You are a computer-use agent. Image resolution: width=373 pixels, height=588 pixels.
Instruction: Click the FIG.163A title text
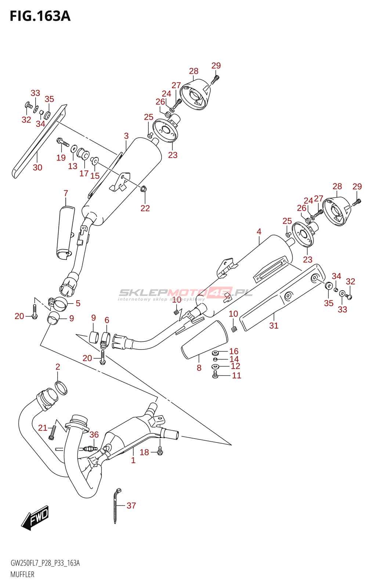40,16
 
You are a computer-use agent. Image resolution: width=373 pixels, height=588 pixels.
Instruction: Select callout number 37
131,506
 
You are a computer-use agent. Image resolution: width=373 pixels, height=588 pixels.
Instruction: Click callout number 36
94,435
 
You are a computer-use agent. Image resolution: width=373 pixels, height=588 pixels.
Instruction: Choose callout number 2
58,367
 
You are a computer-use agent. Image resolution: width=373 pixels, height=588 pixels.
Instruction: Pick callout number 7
66,193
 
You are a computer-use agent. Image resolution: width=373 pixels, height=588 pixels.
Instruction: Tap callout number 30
37,167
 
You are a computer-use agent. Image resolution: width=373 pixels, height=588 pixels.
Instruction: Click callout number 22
145,208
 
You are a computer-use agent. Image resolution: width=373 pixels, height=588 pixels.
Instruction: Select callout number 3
126,136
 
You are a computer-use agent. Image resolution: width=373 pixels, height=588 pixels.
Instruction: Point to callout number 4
259,232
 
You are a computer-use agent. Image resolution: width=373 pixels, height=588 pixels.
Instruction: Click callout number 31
274,326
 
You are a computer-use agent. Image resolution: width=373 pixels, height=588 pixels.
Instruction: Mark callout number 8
199,368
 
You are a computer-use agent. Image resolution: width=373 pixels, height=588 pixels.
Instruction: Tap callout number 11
236,375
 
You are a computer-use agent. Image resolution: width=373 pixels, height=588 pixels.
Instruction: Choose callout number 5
78,303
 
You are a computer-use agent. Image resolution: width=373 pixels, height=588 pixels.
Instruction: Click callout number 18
144,452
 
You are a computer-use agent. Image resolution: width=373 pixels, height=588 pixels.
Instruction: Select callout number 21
43,428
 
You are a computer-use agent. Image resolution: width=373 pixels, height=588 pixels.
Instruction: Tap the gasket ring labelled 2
61,388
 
